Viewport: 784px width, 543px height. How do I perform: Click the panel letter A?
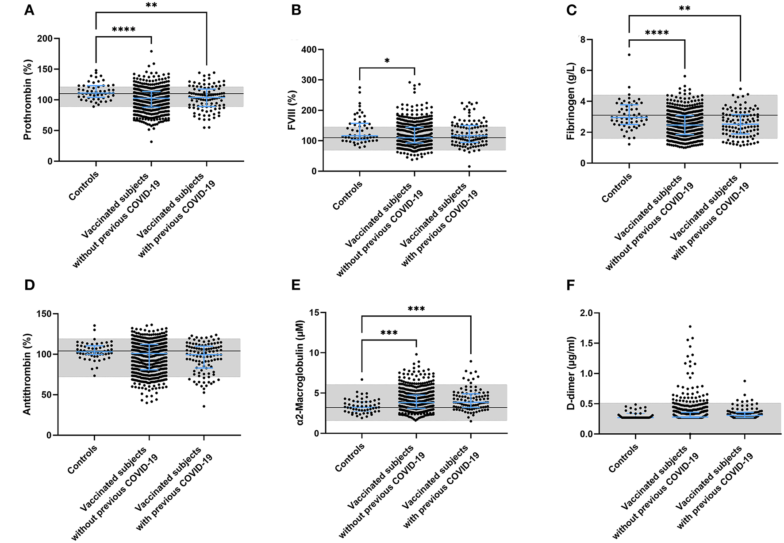tap(29, 10)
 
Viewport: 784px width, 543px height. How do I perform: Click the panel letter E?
tap(296, 285)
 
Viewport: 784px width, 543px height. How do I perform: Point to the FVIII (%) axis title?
tap(292, 111)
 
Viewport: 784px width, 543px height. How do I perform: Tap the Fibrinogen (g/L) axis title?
tap(571, 102)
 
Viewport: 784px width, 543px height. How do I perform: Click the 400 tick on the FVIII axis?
tap(308, 50)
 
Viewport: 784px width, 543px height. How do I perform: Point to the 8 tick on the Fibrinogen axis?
tap(583, 40)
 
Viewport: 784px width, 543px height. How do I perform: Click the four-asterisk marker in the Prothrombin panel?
tap(124, 30)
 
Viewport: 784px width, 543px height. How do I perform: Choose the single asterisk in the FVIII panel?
tap(387, 61)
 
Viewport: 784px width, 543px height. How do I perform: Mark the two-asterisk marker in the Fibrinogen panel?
tap(684, 9)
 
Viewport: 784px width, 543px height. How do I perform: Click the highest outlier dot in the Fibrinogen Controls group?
tap(629, 55)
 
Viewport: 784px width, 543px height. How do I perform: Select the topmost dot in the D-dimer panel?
tap(690, 327)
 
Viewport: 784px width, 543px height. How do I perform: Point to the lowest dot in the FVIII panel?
tap(469, 167)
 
